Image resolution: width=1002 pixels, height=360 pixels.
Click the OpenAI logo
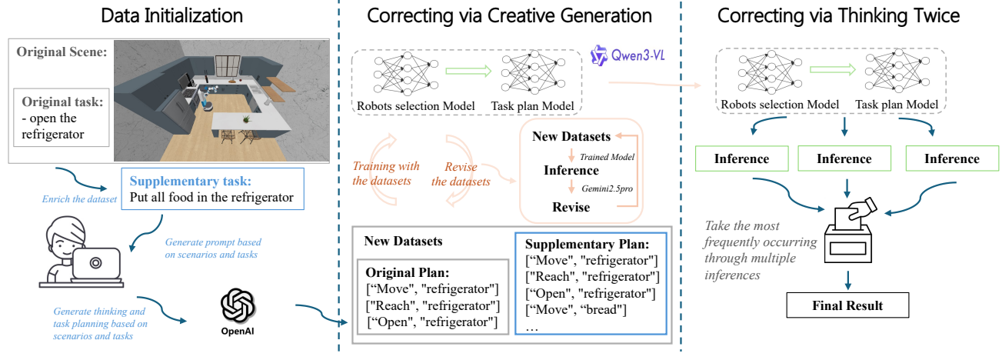[238, 306]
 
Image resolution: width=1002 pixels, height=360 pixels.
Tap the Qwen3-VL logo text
[637, 55]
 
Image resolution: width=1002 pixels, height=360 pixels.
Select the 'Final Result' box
[847, 305]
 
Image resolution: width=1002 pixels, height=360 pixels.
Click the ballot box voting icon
[850, 230]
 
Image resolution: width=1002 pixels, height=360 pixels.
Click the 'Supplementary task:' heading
[191, 181]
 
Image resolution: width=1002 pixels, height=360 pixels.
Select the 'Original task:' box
[62, 117]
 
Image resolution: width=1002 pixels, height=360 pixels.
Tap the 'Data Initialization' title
[171, 15]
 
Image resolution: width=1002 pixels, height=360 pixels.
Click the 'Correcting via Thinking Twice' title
[838, 15]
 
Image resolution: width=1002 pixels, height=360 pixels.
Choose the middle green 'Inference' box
[844, 158]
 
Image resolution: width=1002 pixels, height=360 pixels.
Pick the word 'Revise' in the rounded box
[571, 207]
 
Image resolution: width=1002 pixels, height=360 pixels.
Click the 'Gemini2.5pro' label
[607, 188]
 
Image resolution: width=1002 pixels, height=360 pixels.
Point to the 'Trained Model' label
[607, 157]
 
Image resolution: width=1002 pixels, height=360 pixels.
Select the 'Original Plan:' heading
[407, 272]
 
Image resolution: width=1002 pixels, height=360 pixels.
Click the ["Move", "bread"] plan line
[576, 309]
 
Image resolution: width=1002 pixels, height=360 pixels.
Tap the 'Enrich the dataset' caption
[79, 199]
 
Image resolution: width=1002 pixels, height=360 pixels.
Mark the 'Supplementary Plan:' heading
[587, 244]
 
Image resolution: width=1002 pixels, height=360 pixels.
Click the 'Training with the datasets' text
[385, 174]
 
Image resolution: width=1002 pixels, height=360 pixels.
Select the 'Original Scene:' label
[62, 52]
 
